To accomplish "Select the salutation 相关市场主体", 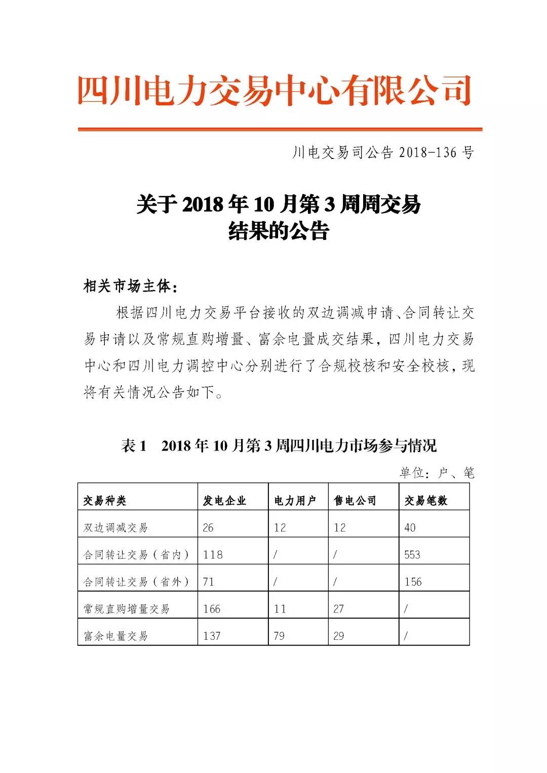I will tap(130, 287).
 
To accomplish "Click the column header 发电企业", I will tap(224, 501).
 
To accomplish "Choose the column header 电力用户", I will tap(295, 501).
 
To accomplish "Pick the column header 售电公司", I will tap(355, 501).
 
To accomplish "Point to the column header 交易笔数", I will tap(426, 501).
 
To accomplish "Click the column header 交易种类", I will tap(105, 501).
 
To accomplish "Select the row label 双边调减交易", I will tap(115, 527).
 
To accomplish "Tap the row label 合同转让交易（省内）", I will tap(136, 555).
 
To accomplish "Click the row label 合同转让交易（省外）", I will tap(136, 582).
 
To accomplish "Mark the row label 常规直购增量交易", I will tap(126, 608).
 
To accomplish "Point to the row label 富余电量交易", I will tap(115, 636).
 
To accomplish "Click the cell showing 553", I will tap(412, 555).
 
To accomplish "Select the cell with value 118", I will tap(213, 555).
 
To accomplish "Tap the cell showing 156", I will tap(413, 582).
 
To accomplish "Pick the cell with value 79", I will tap(279, 636).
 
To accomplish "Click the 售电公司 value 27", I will tap(339, 608).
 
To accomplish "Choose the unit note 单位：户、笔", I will tap(437, 473).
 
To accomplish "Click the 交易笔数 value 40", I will tap(410, 527).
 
